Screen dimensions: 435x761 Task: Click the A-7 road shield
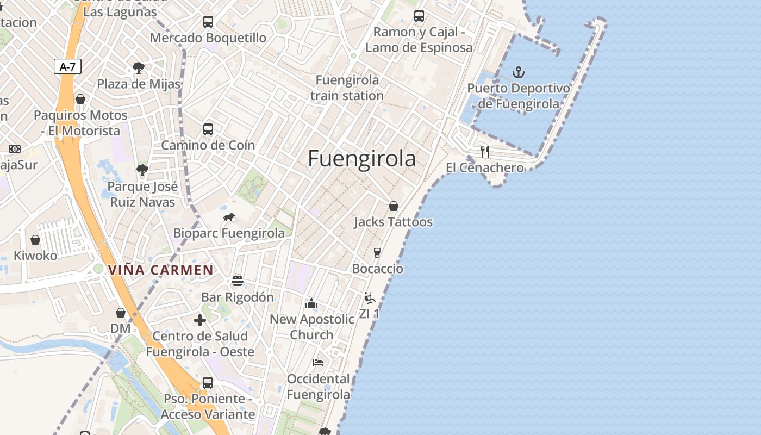(x=68, y=67)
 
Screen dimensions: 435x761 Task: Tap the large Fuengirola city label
(x=362, y=159)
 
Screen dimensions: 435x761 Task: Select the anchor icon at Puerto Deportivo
(x=519, y=72)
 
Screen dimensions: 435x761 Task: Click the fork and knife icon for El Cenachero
(x=485, y=152)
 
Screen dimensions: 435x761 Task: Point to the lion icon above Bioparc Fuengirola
(x=229, y=217)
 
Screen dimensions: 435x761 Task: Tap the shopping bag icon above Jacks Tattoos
(x=393, y=206)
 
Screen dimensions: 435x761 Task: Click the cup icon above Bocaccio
(x=377, y=253)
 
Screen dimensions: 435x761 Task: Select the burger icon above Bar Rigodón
(x=237, y=281)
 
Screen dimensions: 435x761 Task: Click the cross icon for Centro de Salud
(x=200, y=320)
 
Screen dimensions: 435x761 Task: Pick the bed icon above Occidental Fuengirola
(x=318, y=363)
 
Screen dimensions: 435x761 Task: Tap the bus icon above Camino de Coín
(x=208, y=129)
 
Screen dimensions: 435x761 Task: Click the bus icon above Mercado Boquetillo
(x=208, y=22)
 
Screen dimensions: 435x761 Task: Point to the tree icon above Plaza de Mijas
(x=139, y=68)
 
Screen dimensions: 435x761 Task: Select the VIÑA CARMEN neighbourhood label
(x=160, y=270)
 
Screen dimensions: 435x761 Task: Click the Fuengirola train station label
(x=347, y=88)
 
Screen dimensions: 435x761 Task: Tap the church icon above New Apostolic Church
(x=311, y=303)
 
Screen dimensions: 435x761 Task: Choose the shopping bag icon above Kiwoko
(x=35, y=240)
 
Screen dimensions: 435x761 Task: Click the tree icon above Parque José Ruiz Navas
(x=142, y=170)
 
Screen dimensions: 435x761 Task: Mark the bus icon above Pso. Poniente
(x=208, y=383)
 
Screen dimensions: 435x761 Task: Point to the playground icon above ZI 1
(x=370, y=298)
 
